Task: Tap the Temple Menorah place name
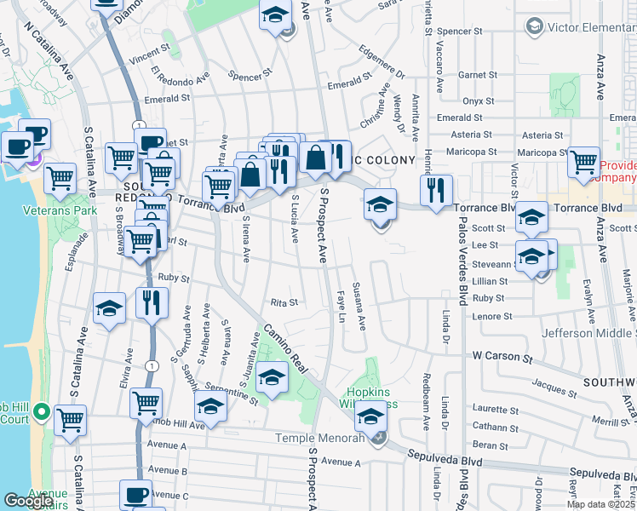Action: click(x=313, y=438)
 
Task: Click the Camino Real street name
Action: click(x=290, y=351)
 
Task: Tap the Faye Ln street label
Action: click(x=342, y=306)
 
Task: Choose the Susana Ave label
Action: click(x=360, y=306)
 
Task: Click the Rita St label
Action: click(x=284, y=301)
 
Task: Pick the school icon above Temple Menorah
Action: click(x=370, y=416)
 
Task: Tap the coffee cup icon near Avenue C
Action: click(x=135, y=494)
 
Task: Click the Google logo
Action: click(x=28, y=501)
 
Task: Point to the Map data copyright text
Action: click(x=600, y=504)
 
